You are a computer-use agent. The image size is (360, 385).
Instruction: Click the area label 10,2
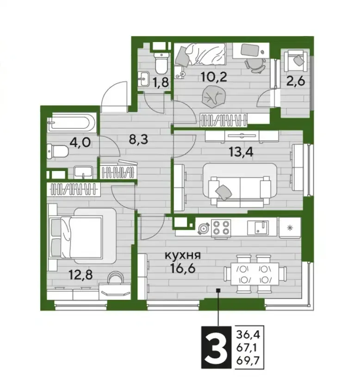pyautogui.click(x=213, y=77)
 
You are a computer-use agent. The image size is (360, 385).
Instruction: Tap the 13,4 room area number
pyautogui.click(x=241, y=152)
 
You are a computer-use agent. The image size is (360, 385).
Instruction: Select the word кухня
pyautogui.click(x=182, y=256)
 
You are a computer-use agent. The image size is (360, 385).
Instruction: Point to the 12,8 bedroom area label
pyautogui.click(x=81, y=275)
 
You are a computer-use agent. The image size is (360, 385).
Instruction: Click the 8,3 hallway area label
pyautogui.click(x=139, y=140)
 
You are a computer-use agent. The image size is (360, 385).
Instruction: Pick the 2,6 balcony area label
pyautogui.click(x=296, y=81)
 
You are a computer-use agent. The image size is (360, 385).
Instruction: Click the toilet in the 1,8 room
pyautogui.click(x=161, y=63)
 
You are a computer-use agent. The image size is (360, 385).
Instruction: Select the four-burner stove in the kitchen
pyautogui.click(x=221, y=228)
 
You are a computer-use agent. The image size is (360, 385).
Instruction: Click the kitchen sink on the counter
pyautogui.click(x=258, y=227)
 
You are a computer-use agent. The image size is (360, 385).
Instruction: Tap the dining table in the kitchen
pyautogui.click(x=255, y=274)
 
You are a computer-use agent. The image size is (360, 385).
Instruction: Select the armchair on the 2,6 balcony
pyautogui.click(x=296, y=61)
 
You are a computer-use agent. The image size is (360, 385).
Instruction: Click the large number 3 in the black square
pyautogui.click(x=216, y=347)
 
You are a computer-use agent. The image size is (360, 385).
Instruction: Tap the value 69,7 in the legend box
pyautogui.click(x=248, y=361)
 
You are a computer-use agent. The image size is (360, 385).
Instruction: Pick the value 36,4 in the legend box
pyautogui.click(x=248, y=334)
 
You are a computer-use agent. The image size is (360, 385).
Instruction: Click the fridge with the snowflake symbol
pyautogui.click(x=290, y=227)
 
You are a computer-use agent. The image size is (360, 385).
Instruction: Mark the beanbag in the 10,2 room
pyautogui.click(x=213, y=96)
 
